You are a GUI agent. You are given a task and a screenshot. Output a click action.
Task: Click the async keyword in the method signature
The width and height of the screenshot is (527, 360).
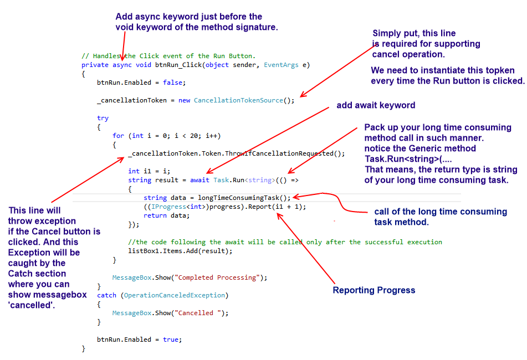click(x=122, y=65)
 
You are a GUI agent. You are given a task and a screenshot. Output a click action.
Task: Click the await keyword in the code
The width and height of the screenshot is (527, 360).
click(x=199, y=180)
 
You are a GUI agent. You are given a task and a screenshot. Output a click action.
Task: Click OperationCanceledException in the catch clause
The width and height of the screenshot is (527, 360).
click(x=174, y=295)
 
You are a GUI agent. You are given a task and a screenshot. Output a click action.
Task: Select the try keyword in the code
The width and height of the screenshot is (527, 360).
click(x=103, y=118)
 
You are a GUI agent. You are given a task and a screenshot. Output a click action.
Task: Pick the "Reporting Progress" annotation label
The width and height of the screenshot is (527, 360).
click(x=374, y=290)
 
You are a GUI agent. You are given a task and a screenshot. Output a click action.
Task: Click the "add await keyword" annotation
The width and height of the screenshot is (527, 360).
click(x=376, y=105)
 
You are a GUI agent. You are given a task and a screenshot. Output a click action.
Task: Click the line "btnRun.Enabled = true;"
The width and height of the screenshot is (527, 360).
click(x=139, y=340)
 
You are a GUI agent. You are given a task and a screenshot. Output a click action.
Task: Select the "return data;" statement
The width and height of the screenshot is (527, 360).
click(x=166, y=215)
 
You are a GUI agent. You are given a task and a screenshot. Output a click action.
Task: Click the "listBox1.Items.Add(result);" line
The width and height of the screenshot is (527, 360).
click(x=180, y=251)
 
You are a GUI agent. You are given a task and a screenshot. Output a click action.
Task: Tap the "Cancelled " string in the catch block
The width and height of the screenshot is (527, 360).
click(x=200, y=313)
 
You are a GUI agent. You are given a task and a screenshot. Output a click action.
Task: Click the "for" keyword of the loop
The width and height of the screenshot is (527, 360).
click(x=118, y=136)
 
